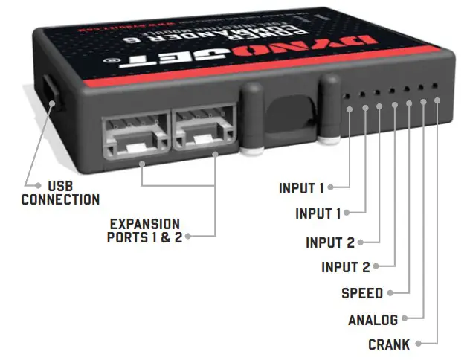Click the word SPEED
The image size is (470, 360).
pyautogui.click(x=362, y=292)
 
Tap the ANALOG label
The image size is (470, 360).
pyautogui.click(x=373, y=320)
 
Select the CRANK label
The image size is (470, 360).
pyautogui.click(x=387, y=344)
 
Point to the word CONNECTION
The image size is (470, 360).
pyautogui.click(x=60, y=199)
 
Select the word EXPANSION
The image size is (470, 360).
pyautogui.click(x=144, y=223)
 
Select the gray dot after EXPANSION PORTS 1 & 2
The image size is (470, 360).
pyautogui.click(x=189, y=237)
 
